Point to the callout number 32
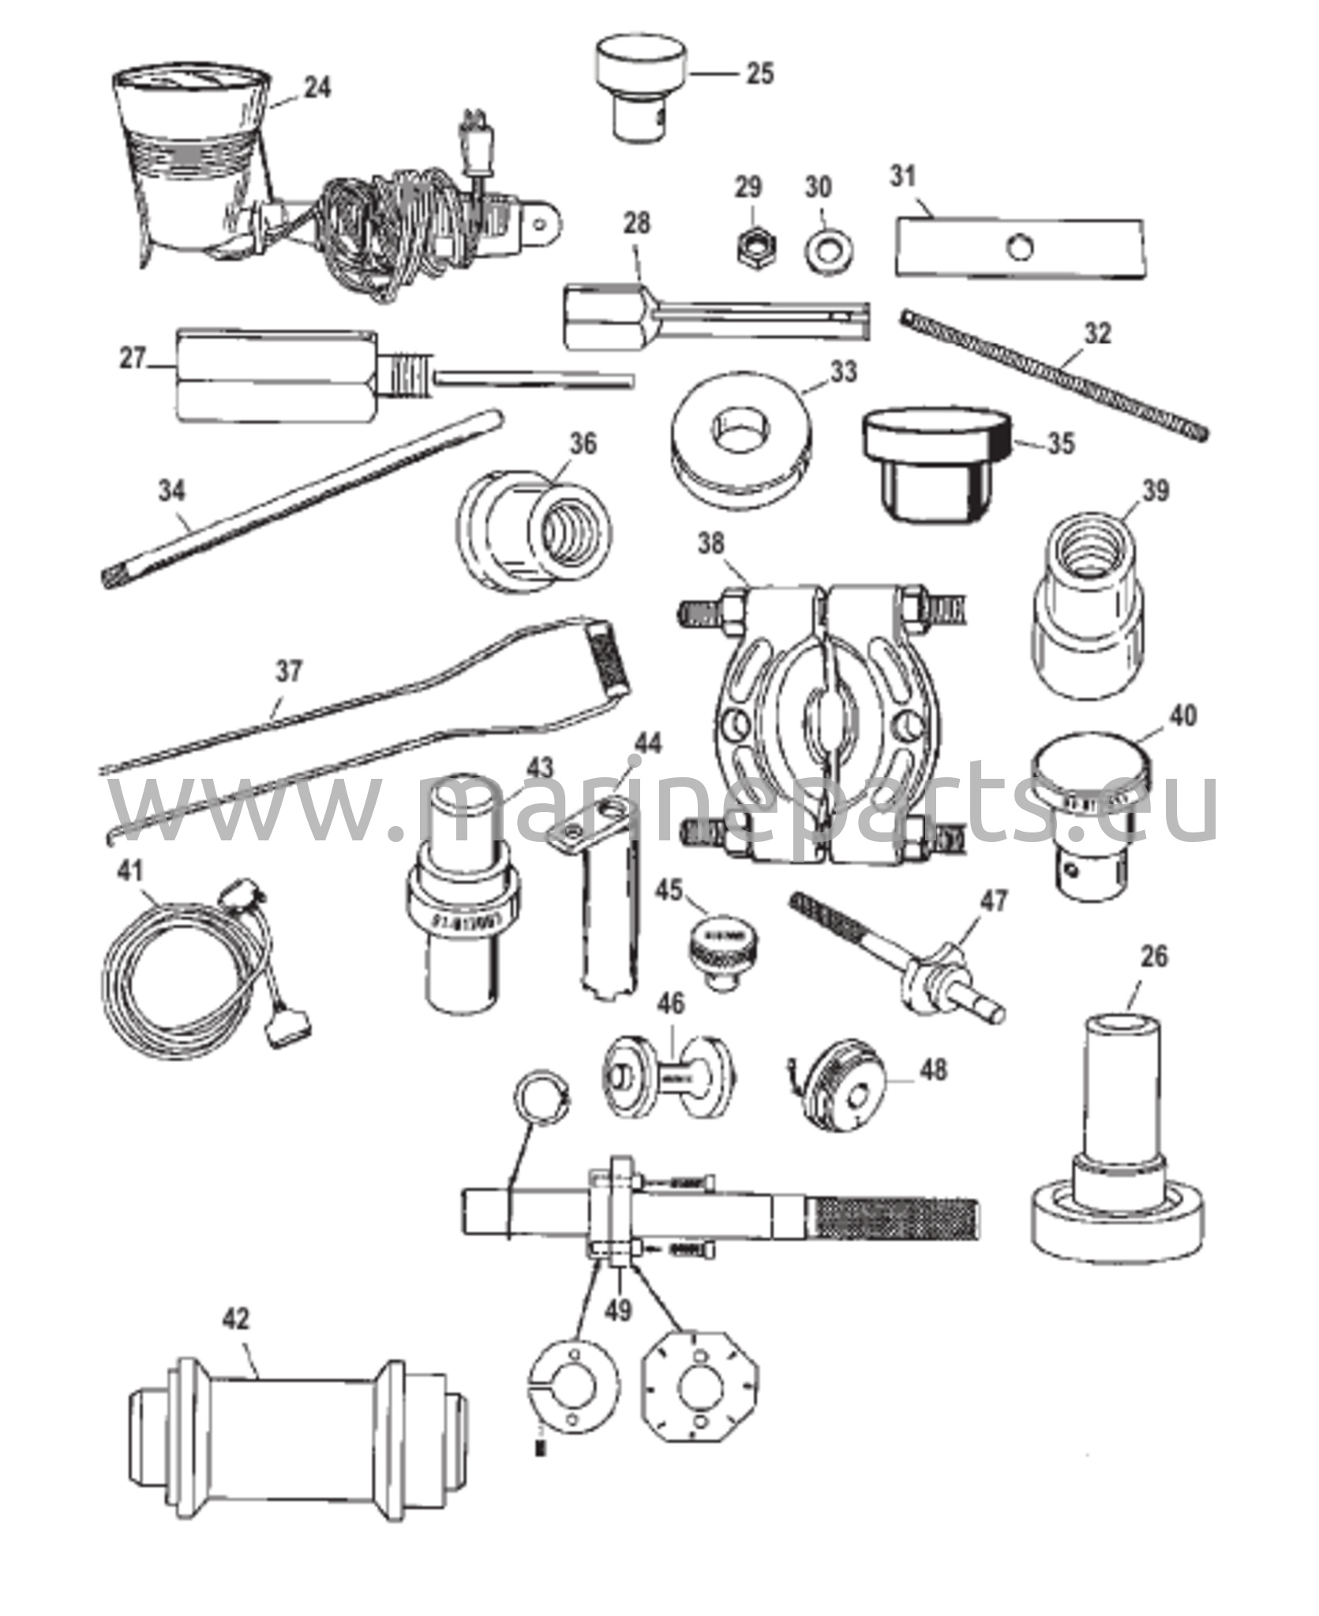[x=1097, y=333]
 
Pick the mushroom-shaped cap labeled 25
[x=641, y=89]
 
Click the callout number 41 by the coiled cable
[x=130, y=871]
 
